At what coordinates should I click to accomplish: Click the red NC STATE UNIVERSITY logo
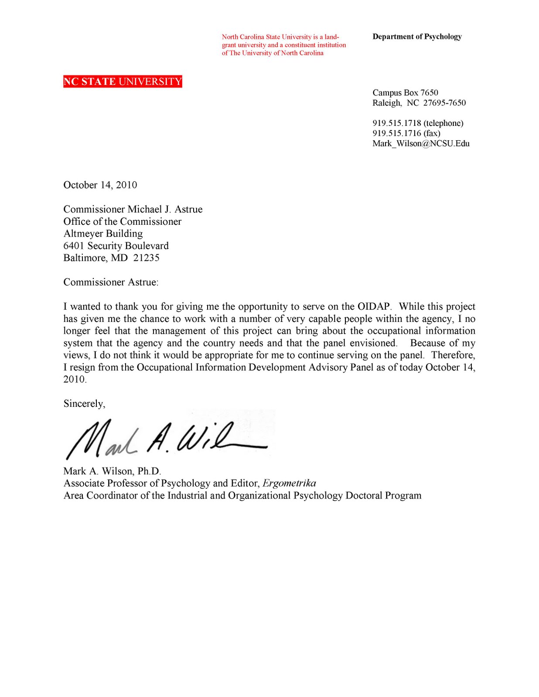click(x=122, y=81)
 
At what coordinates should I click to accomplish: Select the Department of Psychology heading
click(x=416, y=37)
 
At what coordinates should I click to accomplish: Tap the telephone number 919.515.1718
click(x=397, y=123)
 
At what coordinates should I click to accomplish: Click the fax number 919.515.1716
click(x=397, y=133)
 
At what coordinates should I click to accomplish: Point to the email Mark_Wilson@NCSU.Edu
click(x=420, y=143)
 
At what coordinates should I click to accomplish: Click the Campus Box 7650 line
click(x=405, y=93)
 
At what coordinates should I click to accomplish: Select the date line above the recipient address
click(x=100, y=185)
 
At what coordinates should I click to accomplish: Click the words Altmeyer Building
click(x=103, y=234)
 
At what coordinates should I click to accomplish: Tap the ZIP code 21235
click(x=146, y=258)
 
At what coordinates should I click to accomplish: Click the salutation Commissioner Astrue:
click(x=111, y=282)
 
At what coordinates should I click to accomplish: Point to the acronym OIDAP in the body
click(x=374, y=307)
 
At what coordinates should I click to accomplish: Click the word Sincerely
click(x=84, y=404)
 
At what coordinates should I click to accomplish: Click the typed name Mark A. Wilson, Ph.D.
click(x=112, y=471)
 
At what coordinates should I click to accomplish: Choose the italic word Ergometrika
click(x=289, y=483)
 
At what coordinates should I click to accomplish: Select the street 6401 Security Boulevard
click(x=116, y=246)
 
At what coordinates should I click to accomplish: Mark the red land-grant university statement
click(x=283, y=45)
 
